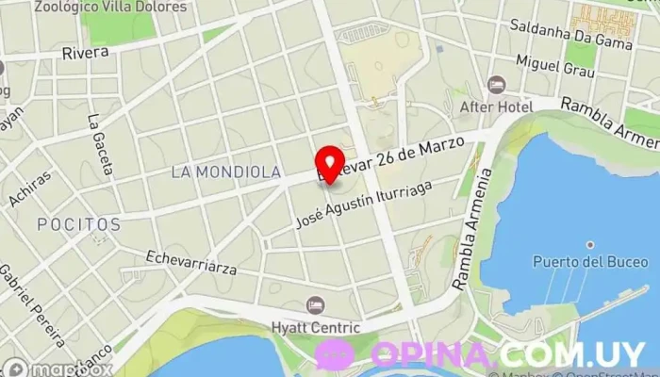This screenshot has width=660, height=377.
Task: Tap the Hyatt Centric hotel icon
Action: (316, 305)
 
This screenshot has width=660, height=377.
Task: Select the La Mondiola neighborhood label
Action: (225, 172)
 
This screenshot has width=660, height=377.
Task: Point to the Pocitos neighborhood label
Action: (79, 225)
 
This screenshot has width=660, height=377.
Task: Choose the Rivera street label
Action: (86, 54)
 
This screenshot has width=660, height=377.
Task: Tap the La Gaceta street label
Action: (99, 144)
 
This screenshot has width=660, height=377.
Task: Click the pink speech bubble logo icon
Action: (335, 355)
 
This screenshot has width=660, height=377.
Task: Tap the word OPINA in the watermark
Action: (432, 355)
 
